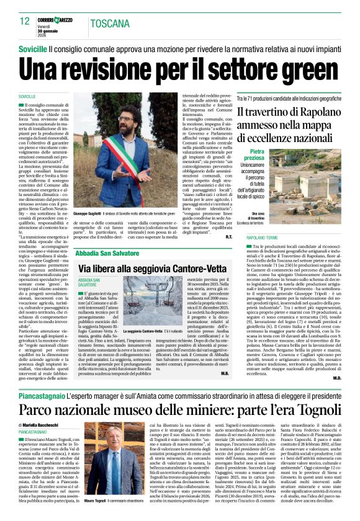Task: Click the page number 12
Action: tap(25, 21)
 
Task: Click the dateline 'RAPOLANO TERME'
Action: tap(263, 238)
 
